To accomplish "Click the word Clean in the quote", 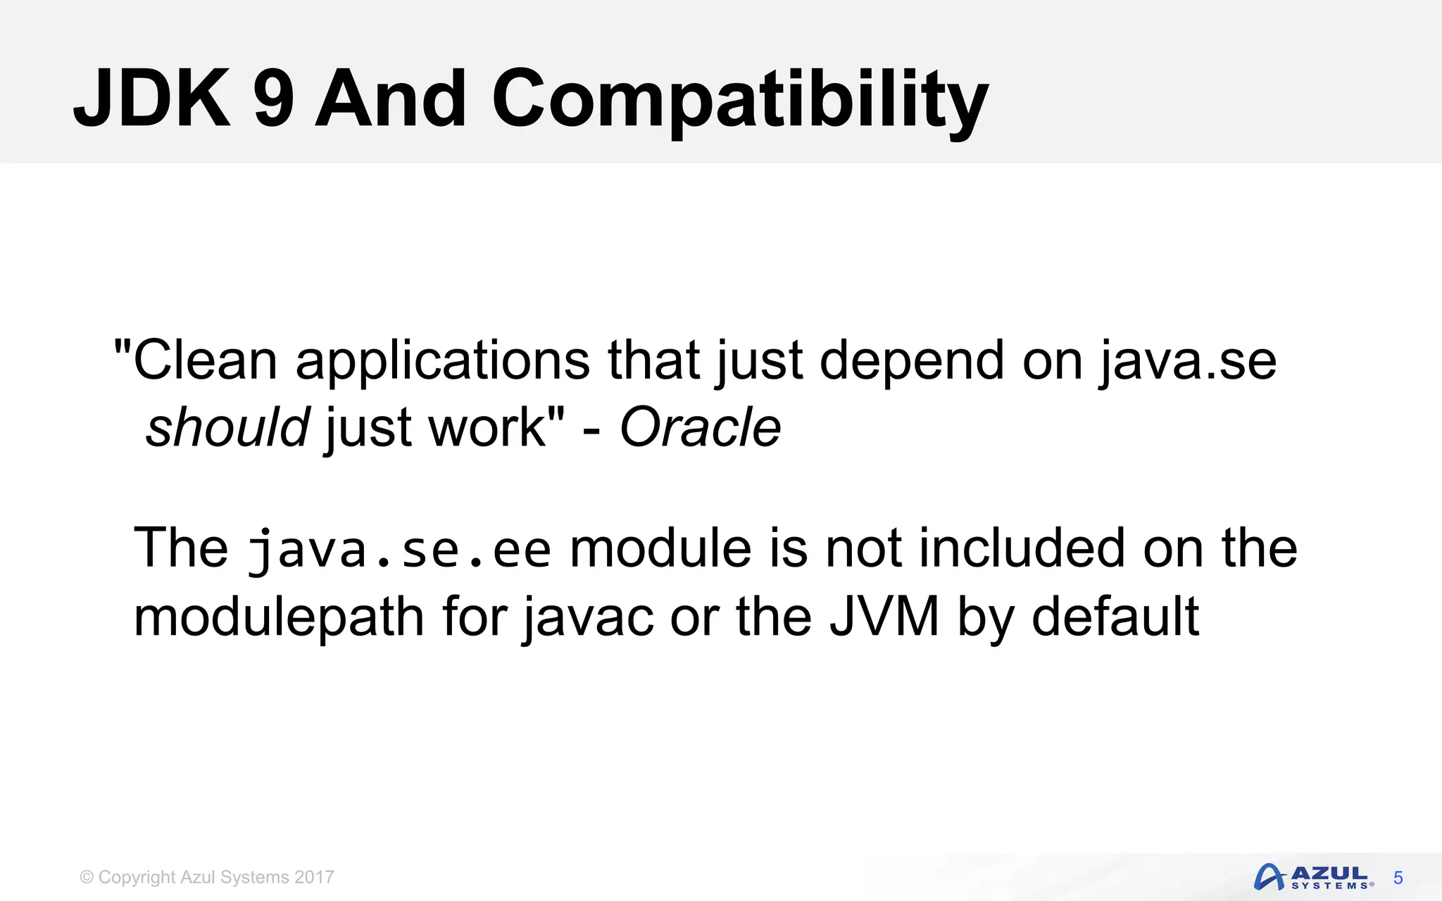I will tap(204, 360).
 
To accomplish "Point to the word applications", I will tap(442, 360).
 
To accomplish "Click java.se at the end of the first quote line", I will tap(1188, 360).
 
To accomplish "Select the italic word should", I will tap(227, 427).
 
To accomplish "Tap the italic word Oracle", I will tap(700, 427).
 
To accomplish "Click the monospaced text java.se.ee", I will tap(399, 549).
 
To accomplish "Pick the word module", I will tap(660, 549).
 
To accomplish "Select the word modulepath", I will tap(279, 617).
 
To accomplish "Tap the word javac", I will tap(588, 617).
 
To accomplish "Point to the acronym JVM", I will tap(884, 617).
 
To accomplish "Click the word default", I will tap(1115, 617).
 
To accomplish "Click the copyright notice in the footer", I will tap(207, 877).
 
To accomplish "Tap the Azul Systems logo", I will tap(1312, 877).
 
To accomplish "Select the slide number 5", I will tap(1398, 878).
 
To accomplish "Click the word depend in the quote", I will tap(912, 360).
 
